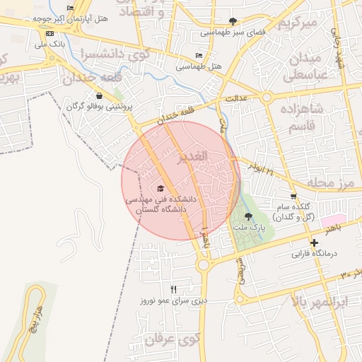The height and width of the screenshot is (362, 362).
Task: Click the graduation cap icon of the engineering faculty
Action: [x=160, y=189]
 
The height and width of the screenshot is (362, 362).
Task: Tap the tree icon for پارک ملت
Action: [x=247, y=217]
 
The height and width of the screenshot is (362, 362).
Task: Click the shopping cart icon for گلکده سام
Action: [x=293, y=196]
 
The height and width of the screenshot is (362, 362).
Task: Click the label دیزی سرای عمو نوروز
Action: [x=173, y=300]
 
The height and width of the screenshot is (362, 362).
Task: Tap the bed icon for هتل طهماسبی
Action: [x=199, y=55]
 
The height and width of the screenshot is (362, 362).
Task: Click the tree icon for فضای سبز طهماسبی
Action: [x=233, y=21]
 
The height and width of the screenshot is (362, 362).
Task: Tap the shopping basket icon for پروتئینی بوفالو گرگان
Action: [x=98, y=95]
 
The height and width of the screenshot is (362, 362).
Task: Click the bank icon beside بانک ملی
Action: [x=49, y=33]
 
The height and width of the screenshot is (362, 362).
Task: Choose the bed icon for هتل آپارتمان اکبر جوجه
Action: [x=70, y=8]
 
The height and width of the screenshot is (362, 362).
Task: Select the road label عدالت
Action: [x=235, y=99]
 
